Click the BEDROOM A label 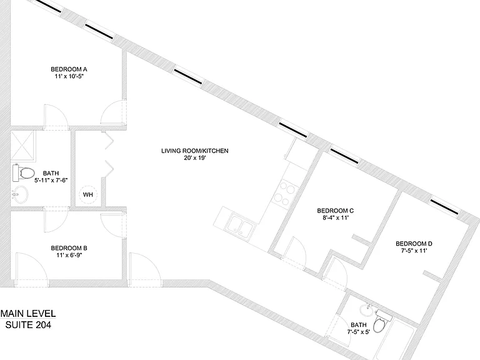coord(69,69)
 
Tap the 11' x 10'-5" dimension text coord(69,76)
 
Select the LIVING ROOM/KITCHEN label coord(195,151)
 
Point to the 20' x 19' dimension coord(195,158)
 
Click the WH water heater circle coord(88,194)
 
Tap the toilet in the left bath coord(24,173)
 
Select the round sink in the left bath coord(20,195)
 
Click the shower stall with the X coord(23,146)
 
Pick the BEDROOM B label coord(69,248)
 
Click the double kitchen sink coord(241,227)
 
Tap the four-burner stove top coord(285,194)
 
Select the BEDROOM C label coord(336,211)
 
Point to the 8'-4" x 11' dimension coord(336,218)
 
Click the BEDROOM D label coord(414,244)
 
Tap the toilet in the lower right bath coord(382,321)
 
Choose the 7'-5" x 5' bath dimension coord(359,332)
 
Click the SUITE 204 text coord(28,325)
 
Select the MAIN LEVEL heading coord(28,314)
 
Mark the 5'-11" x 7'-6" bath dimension coord(51,180)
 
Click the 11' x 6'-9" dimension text coord(69,255)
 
